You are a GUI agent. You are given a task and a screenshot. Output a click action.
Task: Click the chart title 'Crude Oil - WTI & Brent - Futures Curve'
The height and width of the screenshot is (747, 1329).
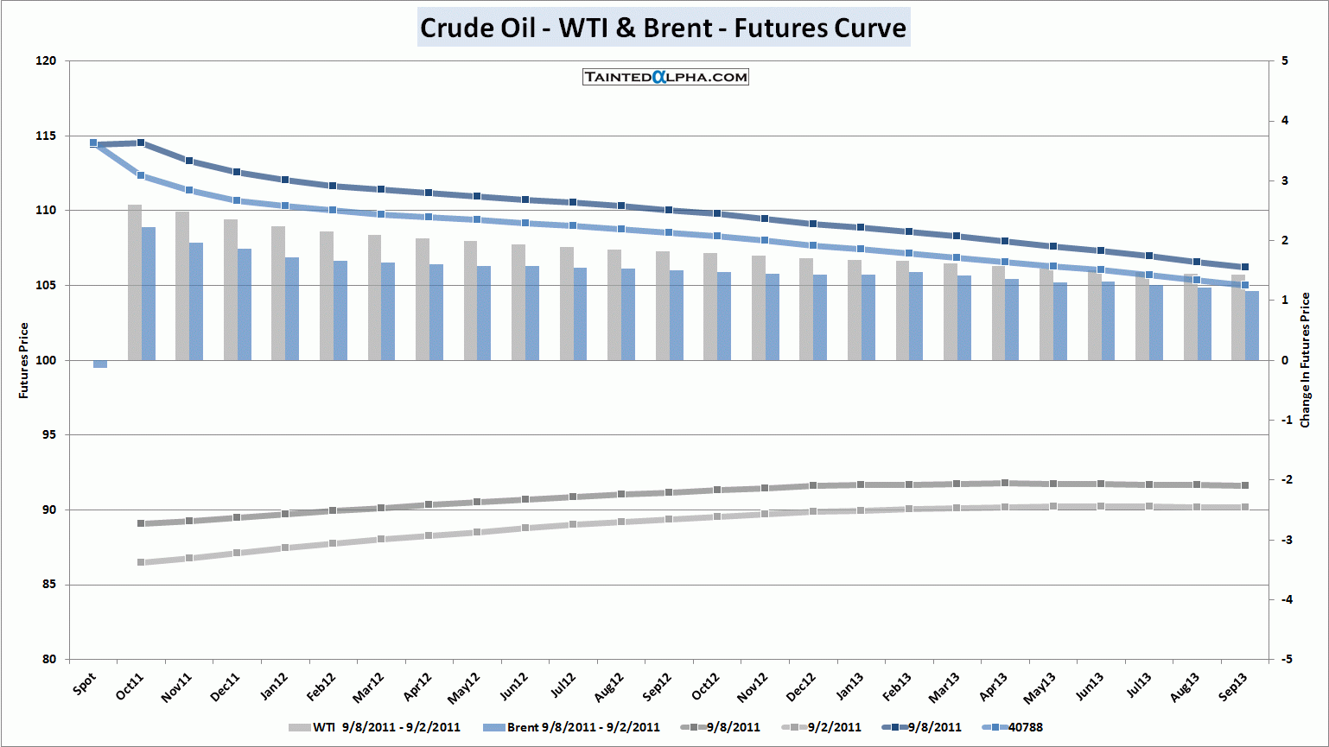coord(664,28)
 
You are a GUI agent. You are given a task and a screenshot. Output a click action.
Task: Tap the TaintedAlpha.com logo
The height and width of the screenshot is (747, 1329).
coord(665,77)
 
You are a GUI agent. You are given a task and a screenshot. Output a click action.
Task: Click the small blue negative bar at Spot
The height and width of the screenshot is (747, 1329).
coord(100,364)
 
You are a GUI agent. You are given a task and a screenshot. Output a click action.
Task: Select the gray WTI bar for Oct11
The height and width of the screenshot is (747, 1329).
coord(135,282)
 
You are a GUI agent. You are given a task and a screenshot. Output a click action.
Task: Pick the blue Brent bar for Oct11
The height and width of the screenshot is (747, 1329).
coord(149,294)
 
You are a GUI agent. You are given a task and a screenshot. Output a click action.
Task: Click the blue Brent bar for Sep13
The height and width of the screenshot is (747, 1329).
coord(1252,326)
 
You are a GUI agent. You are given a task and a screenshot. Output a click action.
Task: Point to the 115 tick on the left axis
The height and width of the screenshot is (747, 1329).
coord(46,136)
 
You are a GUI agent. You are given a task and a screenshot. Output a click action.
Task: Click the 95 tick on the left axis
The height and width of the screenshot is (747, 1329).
coord(49,435)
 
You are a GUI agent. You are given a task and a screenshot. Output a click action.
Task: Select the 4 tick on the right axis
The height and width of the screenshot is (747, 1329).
coord(1285,120)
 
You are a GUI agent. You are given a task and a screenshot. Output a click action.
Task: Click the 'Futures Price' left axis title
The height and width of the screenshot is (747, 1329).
coord(23,360)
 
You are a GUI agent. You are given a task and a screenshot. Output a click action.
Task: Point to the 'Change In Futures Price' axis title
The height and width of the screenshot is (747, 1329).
coord(1306,360)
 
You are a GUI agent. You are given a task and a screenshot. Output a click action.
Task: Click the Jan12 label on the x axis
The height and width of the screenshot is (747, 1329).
coord(274,687)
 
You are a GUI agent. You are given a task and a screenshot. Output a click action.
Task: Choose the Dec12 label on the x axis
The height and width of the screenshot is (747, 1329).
coord(800,687)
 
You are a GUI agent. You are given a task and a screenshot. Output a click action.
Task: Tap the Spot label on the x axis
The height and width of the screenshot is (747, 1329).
coord(84,684)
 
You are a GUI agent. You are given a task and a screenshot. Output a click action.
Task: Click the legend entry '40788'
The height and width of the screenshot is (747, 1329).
coord(1014,727)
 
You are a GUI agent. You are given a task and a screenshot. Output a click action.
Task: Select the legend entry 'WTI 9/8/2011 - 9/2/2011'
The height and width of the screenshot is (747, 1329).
coord(374,727)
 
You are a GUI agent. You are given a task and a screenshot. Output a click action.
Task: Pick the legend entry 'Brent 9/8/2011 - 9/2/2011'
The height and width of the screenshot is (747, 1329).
coord(571,727)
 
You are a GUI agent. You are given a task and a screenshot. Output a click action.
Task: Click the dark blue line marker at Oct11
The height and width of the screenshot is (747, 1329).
coord(141,142)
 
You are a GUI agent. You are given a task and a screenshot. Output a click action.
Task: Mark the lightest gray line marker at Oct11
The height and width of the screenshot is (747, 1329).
coord(141,562)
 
